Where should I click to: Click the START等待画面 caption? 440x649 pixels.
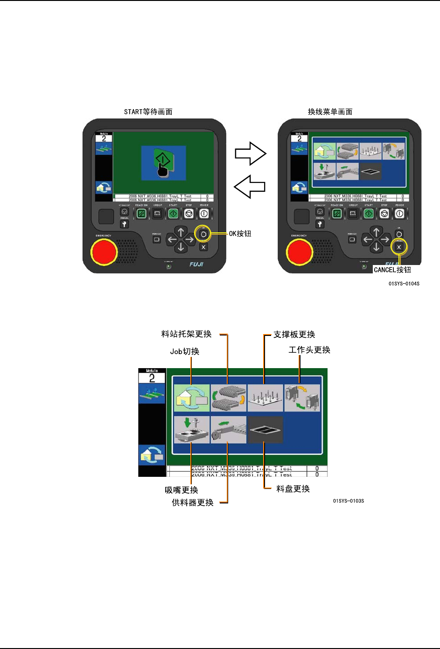(148, 112)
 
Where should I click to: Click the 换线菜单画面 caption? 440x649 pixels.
(330, 112)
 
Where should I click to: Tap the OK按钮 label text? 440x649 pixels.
(240, 234)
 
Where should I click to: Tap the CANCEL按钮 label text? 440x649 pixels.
(392, 270)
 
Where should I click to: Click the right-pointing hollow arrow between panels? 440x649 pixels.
(251, 154)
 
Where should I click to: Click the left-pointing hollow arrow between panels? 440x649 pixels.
(250, 187)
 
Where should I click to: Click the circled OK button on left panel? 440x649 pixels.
(203, 234)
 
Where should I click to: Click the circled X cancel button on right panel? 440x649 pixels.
(398, 247)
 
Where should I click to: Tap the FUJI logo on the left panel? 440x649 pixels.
(196, 265)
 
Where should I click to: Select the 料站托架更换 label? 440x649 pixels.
(187, 334)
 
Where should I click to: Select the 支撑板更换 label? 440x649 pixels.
(294, 335)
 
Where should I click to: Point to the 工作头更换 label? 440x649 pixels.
(309, 350)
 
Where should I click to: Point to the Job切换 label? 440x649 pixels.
(184, 351)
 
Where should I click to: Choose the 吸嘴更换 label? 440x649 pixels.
(182, 490)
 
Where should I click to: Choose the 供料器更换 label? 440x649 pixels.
(193, 502)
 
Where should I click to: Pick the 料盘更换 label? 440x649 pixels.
(293, 489)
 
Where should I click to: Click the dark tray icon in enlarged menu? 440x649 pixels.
(265, 430)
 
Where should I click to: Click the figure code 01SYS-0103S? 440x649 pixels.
(349, 501)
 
